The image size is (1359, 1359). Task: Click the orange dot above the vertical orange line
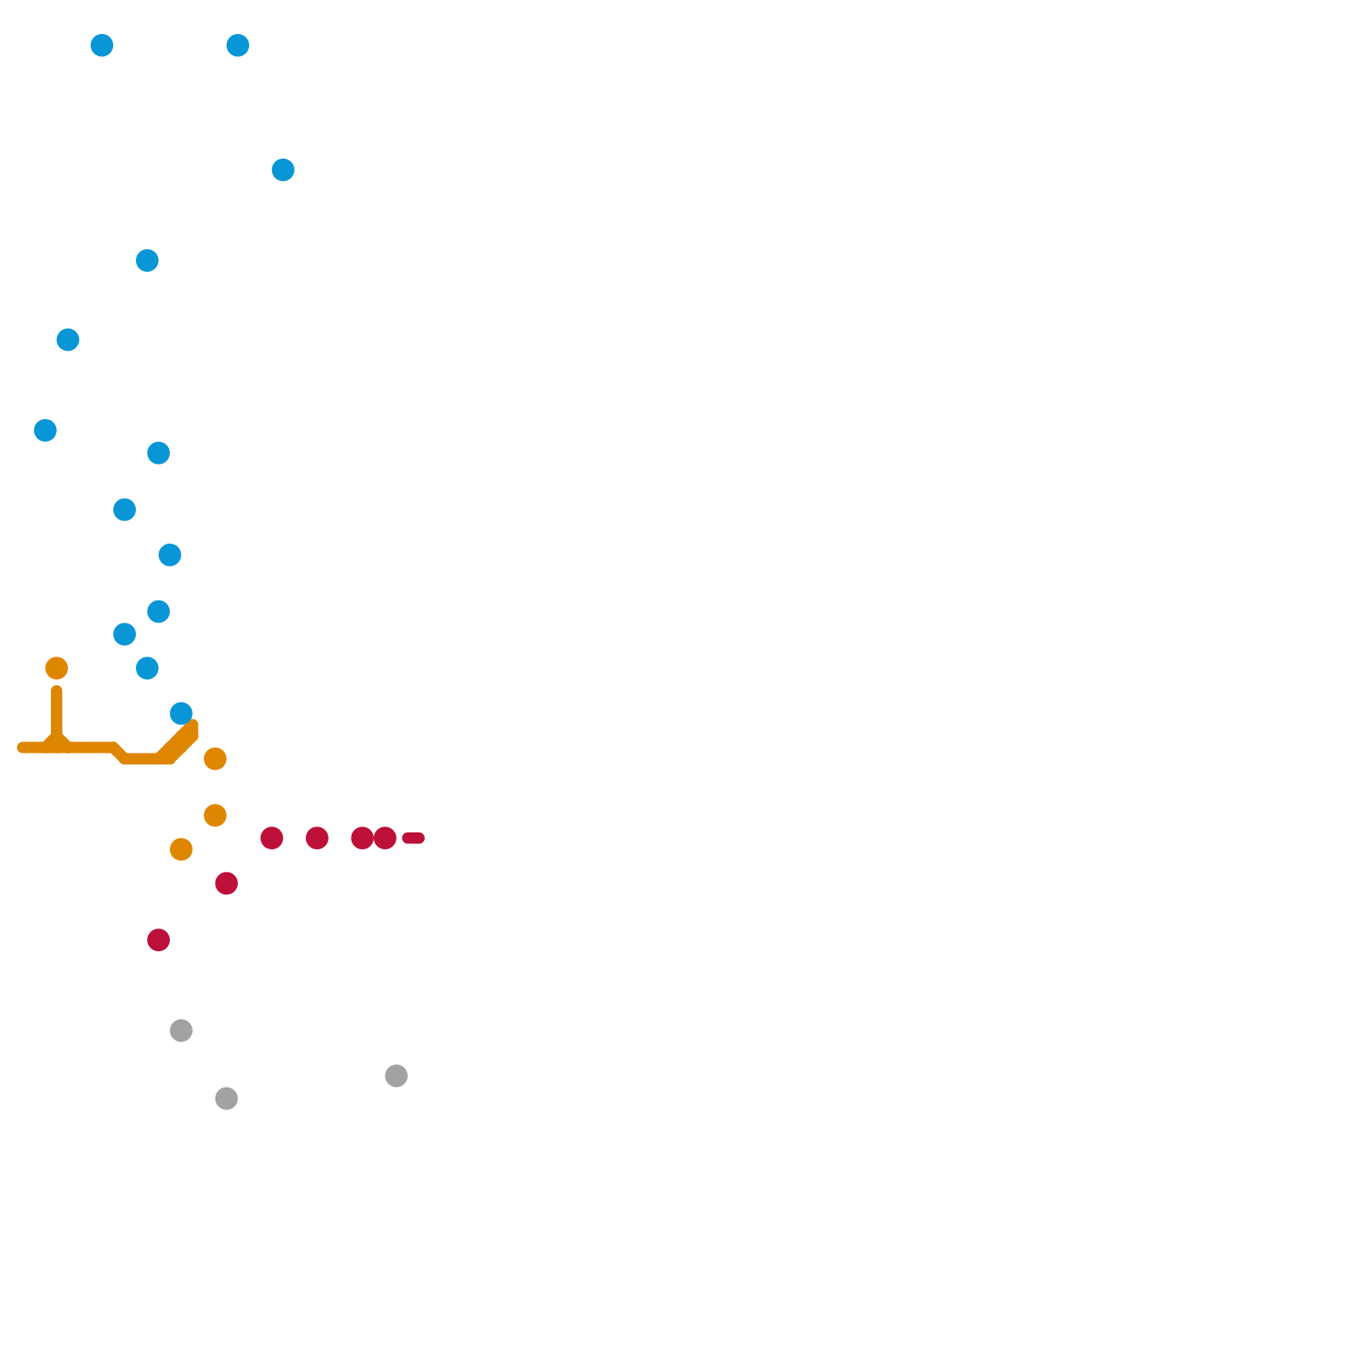pyautogui.click(x=57, y=668)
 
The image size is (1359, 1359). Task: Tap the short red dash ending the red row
pyautogui.click(x=414, y=838)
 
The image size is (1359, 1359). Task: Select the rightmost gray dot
pyautogui.click(x=397, y=1076)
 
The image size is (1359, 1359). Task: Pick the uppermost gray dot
pyautogui.click(x=181, y=1030)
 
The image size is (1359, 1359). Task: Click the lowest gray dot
pyautogui.click(x=226, y=1098)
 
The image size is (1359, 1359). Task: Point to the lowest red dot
pyautogui.click(x=159, y=940)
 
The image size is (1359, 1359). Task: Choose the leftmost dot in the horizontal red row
pyautogui.click(x=272, y=838)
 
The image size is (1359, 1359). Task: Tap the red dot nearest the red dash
pyautogui.click(x=386, y=838)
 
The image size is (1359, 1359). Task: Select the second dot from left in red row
pyautogui.click(x=318, y=838)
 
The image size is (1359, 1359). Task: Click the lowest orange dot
pyautogui.click(x=181, y=849)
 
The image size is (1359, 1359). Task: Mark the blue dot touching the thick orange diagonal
pyautogui.click(x=181, y=713)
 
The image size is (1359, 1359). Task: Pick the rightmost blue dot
pyautogui.click(x=284, y=170)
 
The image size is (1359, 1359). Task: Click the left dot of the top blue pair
pyautogui.click(x=102, y=45)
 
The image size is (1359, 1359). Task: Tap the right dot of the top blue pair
pyautogui.click(x=238, y=45)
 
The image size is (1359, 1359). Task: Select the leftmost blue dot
pyautogui.click(x=46, y=431)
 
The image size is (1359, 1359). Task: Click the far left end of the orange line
pyautogui.click(x=22, y=747)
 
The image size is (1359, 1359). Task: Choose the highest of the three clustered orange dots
pyautogui.click(x=215, y=758)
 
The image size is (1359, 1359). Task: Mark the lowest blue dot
pyautogui.click(x=181, y=713)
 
